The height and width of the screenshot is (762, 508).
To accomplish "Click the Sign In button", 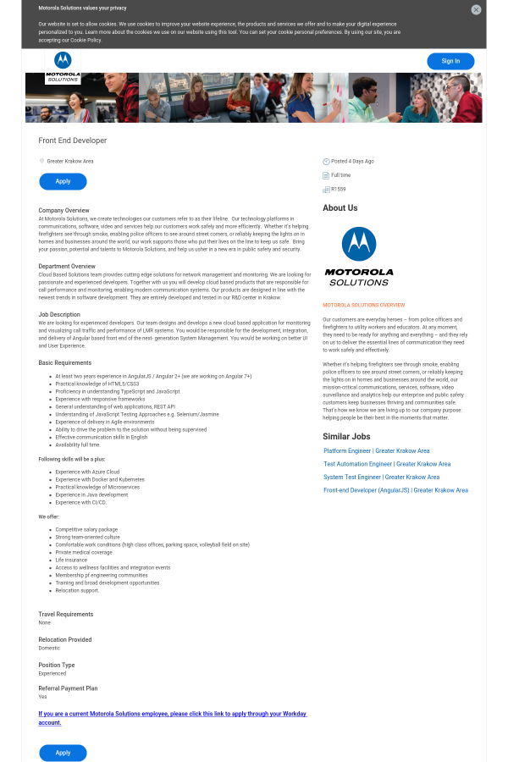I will (x=450, y=61).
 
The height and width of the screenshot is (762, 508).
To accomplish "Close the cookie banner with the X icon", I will (x=476, y=9).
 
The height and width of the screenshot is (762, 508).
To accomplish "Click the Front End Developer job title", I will (x=73, y=141).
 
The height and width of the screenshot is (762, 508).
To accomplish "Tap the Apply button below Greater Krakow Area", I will (x=63, y=181).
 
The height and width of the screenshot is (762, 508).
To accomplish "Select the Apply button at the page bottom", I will (x=63, y=753).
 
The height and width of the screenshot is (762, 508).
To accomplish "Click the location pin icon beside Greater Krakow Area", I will (x=41, y=161).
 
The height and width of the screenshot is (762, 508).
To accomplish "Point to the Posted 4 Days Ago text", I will (x=352, y=161).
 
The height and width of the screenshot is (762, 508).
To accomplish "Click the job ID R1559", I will (x=339, y=190).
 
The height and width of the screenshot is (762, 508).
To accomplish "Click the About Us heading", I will (x=340, y=208).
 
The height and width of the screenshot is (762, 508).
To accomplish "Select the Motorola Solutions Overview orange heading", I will (x=364, y=305).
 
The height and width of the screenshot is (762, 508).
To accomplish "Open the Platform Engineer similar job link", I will (x=377, y=451).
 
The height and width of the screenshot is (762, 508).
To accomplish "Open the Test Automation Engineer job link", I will (x=387, y=464).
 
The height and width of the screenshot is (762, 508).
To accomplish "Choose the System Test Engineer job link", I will (x=381, y=478).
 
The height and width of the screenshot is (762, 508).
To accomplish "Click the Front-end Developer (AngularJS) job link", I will (x=395, y=490).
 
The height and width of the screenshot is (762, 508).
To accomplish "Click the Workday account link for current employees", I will (x=173, y=718).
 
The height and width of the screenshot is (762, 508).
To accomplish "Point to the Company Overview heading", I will (x=63, y=210).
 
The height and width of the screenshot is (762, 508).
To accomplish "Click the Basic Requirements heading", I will (x=65, y=362).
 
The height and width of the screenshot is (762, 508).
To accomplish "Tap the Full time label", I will (x=341, y=175).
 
